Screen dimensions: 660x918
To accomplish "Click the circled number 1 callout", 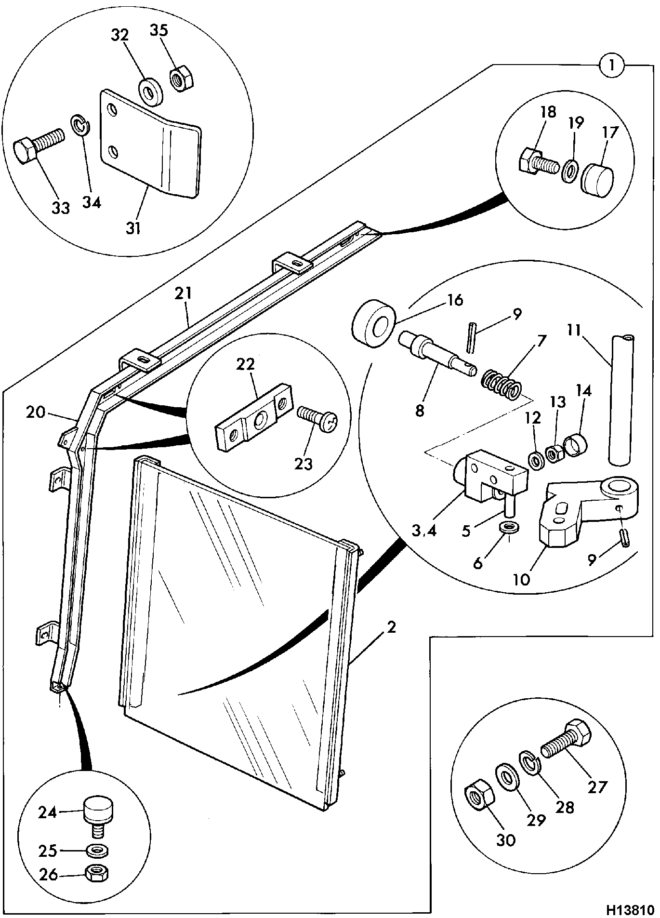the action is coord(611,65).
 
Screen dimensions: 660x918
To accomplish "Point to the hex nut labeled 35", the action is coord(181,78).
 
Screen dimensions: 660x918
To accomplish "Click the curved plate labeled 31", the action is coord(149,144).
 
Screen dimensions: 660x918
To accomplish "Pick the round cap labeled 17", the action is coord(597,178).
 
